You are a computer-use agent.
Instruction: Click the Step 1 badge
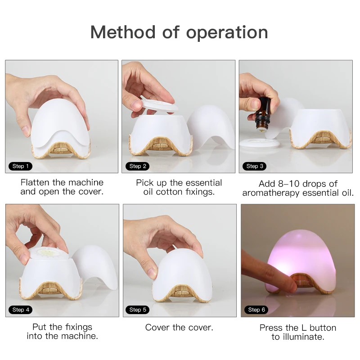20,166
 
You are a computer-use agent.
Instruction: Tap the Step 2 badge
138,166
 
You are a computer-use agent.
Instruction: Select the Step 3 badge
255,166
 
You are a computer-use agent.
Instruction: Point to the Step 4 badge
21,310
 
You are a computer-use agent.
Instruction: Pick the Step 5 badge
138,310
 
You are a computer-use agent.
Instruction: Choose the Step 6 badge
256,310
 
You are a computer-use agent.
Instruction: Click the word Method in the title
123,32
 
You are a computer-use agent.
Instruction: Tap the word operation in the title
227,33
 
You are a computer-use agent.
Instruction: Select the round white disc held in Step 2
159,104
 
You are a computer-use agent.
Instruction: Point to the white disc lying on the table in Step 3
260,143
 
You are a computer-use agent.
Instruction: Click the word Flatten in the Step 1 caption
35,183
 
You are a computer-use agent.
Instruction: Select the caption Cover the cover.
179,328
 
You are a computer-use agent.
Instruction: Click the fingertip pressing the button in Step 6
291,286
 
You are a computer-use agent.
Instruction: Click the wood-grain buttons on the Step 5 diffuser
182,293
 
